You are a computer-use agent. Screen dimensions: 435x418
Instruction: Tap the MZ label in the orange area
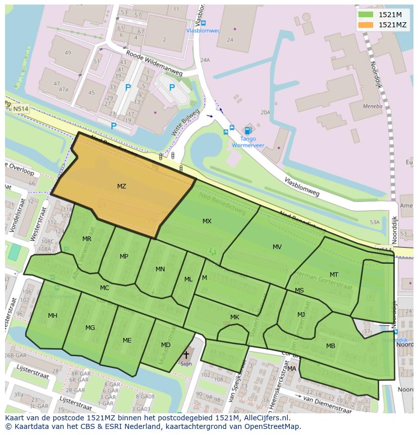click(x=121, y=186)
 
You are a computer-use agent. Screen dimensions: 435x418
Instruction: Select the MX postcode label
click(x=207, y=221)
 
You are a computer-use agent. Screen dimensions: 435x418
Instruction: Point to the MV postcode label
click(x=277, y=247)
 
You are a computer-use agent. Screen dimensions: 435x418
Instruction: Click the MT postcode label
click(x=334, y=275)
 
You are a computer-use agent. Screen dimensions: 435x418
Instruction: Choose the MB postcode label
click(x=331, y=346)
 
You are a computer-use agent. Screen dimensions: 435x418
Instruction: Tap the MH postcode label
click(x=53, y=316)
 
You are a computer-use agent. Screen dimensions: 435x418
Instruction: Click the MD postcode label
click(x=166, y=345)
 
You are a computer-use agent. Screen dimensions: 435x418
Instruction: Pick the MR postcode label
click(x=87, y=239)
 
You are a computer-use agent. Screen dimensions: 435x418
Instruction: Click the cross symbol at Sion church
click(x=186, y=355)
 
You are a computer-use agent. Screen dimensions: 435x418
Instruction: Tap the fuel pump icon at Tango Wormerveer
click(x=247, y=130)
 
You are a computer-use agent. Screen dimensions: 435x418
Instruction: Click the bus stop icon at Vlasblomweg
click(x=203, y=23)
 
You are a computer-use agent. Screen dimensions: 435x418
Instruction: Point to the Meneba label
click(x=373, y=107)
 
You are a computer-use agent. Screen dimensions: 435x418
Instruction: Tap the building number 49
click(x=68, y=53)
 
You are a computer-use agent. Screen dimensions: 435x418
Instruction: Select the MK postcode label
click(x=234, y=317)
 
